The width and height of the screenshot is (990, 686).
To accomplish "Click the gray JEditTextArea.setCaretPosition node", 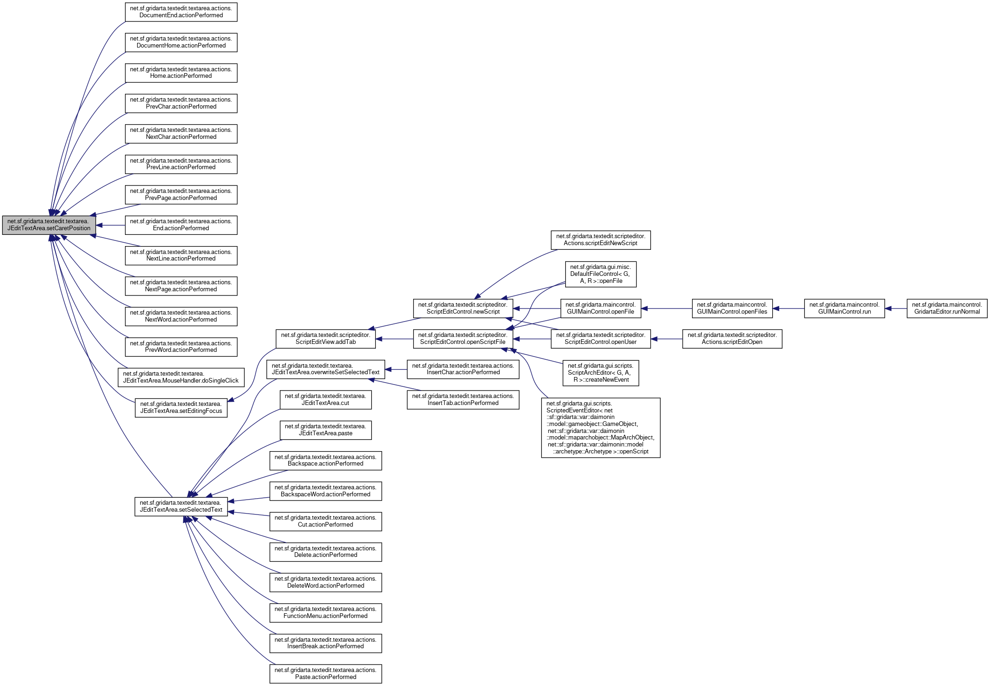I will (x=49, y=225).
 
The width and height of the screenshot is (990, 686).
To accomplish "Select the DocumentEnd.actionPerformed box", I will (x=181, y=12).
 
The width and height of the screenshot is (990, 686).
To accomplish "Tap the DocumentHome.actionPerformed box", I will (x=181, y=42).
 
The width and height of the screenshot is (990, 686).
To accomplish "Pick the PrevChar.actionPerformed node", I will (x=181, y=103).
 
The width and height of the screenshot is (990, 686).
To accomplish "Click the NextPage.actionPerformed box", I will (x=181, y=286).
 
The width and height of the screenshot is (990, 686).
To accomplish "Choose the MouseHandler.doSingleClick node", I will (x=181, y=377).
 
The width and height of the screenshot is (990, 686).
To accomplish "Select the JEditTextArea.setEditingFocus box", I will (x=181, y=408).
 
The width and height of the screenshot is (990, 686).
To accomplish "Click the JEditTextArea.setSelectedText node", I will (x=181, y=507).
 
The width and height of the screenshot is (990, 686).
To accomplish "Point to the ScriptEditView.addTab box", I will (x=325, y=339).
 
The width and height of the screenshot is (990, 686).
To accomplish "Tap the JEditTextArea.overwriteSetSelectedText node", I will (x=325, y=369).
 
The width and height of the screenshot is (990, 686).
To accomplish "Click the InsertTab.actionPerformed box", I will (x=463, y=400).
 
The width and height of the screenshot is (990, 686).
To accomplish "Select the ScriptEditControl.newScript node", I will (x=463, y=309).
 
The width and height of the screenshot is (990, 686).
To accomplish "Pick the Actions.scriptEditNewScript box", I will (x=600, y=240).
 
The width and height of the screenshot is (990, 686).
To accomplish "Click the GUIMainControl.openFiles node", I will (x=732, y=309).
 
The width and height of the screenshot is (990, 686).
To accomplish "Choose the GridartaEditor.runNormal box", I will (x=947, y=309).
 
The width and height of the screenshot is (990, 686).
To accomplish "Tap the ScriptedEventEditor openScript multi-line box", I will (x=601, y=428).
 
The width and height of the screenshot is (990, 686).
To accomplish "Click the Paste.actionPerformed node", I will (x=325, y=674).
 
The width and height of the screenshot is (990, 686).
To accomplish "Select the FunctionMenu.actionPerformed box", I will (x=325, y=613).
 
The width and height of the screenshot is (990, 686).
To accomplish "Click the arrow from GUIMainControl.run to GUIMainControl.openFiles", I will (x=789, y=309).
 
